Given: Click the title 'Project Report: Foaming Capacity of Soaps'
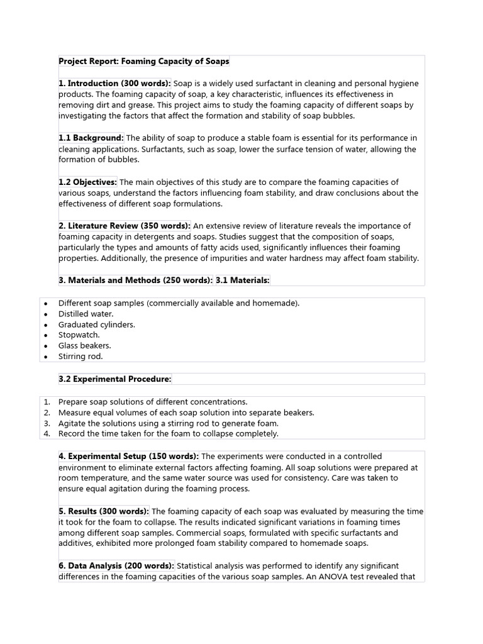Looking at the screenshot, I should (144, 62).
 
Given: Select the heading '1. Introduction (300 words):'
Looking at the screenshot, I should (115, 84).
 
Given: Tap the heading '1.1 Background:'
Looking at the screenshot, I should (91, 138).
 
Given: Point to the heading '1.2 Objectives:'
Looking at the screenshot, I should (88, 182).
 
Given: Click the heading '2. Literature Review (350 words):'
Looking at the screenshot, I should (125, 226).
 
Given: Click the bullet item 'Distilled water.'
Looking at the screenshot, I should (86, 314).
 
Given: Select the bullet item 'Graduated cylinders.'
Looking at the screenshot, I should (97, 325).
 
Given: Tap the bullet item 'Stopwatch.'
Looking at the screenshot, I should (79, 335).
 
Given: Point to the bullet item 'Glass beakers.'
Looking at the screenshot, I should (85, 346).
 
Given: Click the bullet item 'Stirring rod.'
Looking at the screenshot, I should (80, 357).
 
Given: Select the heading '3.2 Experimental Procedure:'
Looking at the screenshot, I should (114, 379).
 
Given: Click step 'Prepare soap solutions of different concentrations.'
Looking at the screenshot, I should (153, 402).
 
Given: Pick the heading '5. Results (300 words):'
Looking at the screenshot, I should (104, 511).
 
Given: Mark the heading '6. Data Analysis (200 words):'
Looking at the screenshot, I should (116, 566).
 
